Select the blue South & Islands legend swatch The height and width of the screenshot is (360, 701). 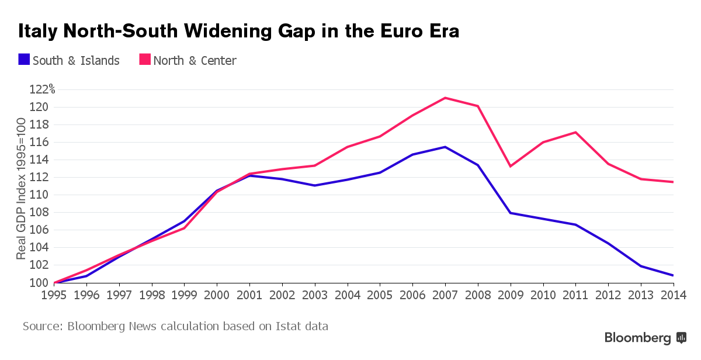(x=24, y=60)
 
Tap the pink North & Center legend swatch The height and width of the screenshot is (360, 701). (x=144, y=60)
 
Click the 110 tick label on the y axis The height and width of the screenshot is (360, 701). (x=38, y=195)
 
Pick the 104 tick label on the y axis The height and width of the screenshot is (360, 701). (x=38, y=247)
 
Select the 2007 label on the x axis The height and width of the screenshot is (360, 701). (x=446, y=295)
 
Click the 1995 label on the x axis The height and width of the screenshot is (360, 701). (x=54, y=295)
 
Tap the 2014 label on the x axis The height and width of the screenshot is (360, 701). (x=673, y=295)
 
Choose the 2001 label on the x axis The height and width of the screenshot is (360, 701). (x=249, y=295)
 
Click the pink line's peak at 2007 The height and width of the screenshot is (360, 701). (x=446, y=98)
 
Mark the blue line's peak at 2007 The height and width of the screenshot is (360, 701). (x=446, y=147)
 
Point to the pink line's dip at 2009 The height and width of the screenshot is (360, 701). (x=511, y=167)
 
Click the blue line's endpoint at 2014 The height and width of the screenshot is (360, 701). (x=673, y=275)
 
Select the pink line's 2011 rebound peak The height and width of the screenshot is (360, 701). (x=576, y=132)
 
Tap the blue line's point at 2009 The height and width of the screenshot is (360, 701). (x=511, y=213)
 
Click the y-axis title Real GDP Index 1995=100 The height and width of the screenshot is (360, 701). (x=21, y=188)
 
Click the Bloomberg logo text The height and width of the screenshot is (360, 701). (x=637, y=338)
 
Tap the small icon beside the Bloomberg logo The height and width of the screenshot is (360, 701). (x=681, y=338)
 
